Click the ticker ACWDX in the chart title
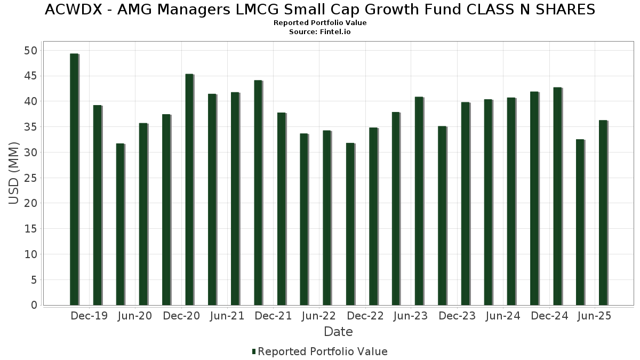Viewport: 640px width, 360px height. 71,10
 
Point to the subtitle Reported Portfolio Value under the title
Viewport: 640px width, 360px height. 320,23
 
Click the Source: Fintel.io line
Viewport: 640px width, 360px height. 320,32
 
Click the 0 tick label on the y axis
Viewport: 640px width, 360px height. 34,306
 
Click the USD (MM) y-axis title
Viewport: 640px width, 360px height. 14,173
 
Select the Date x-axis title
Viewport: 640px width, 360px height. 338,332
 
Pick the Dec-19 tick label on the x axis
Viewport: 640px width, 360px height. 89,316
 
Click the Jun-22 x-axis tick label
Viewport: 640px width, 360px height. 318,316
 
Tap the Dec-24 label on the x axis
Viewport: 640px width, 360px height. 550,316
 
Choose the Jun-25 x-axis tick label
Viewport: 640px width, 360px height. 594,316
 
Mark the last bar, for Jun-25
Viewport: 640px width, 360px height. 603,213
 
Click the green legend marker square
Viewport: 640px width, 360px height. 254,351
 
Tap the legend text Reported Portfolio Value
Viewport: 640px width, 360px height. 323,351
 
